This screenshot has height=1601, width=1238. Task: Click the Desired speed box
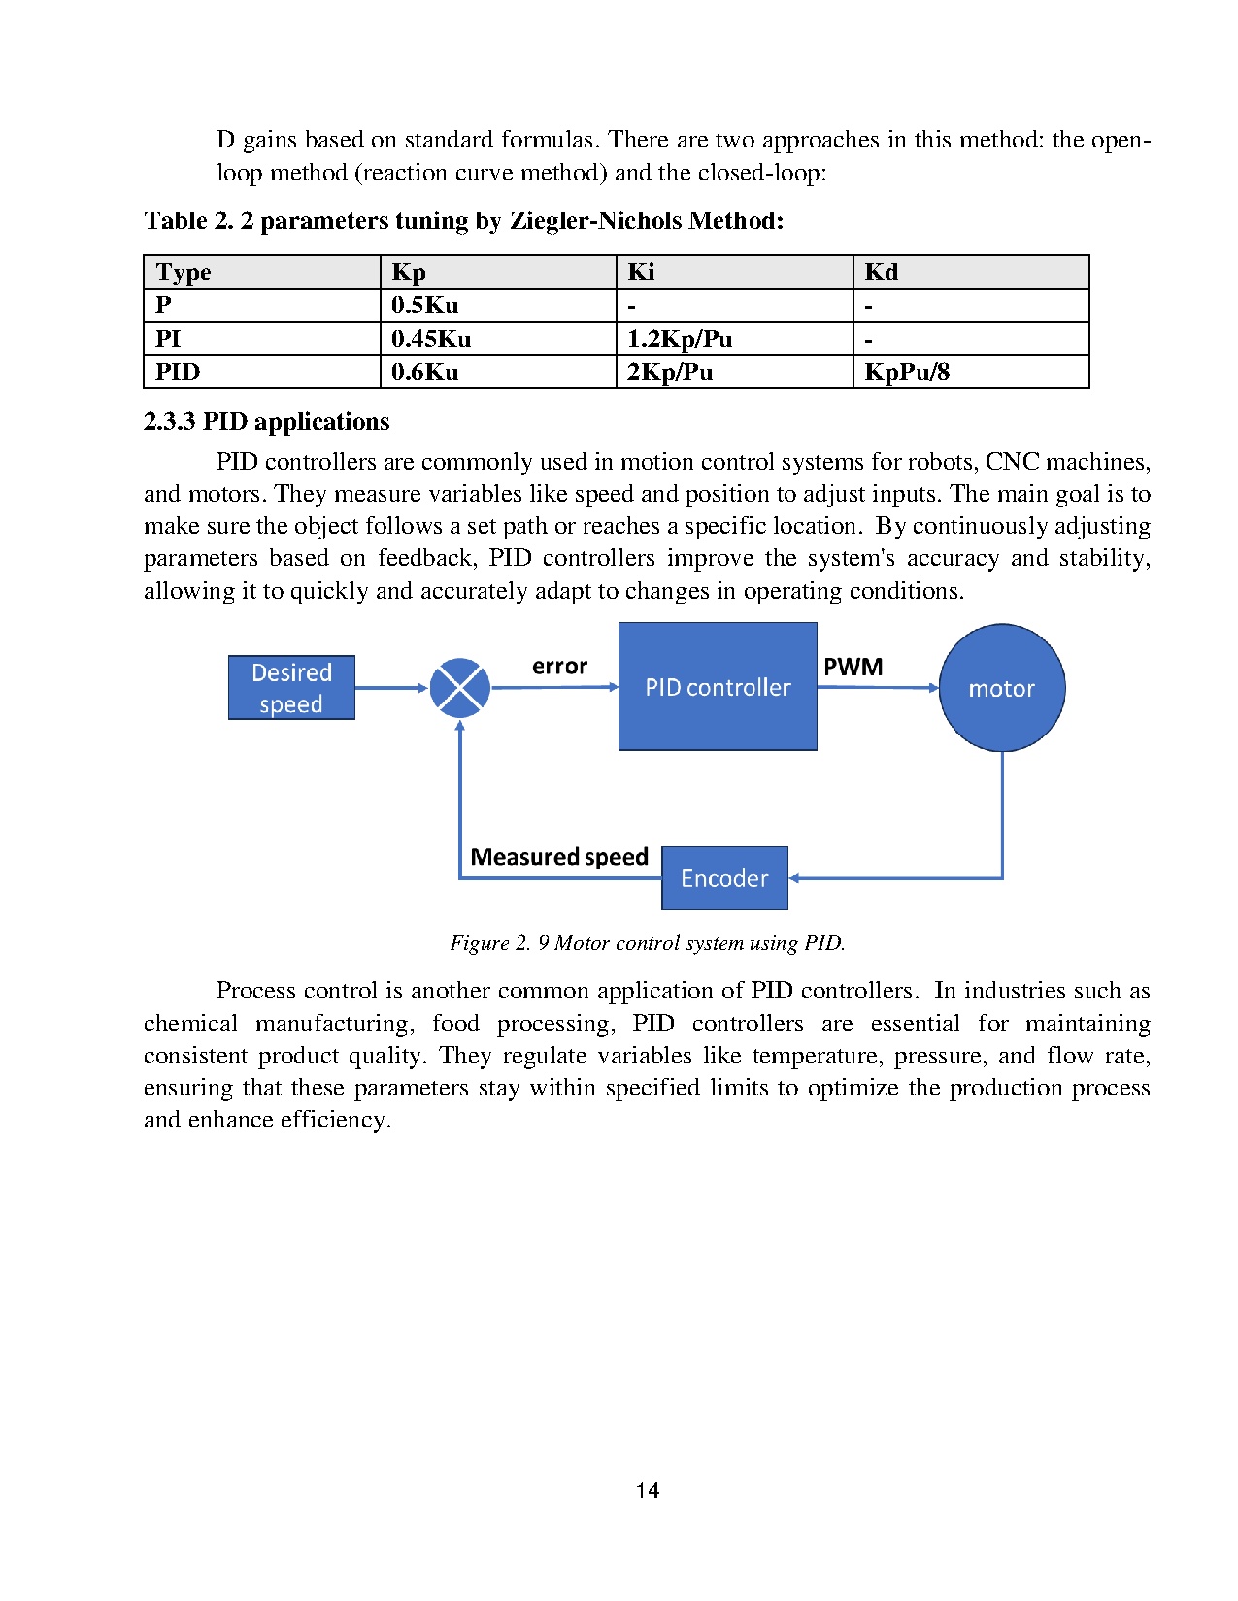[x=291, y=688]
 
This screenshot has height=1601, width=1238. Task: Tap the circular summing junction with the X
[x=459, y=688]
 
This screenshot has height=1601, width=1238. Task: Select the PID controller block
[x=718, y=687]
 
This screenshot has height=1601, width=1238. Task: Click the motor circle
[x=1002, y=688]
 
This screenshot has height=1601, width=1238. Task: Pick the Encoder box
[x=724, y=878]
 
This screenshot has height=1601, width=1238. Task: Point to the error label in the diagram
[x=559, y=667]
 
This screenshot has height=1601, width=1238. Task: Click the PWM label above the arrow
[x=853, y=667]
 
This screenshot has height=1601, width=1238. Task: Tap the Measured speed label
[x=559, y=857]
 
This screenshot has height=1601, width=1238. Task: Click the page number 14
[x=648, y=1490]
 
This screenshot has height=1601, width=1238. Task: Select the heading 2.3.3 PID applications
[x=266, y=421]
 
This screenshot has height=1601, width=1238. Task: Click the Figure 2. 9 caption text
[x=648, y=943]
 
